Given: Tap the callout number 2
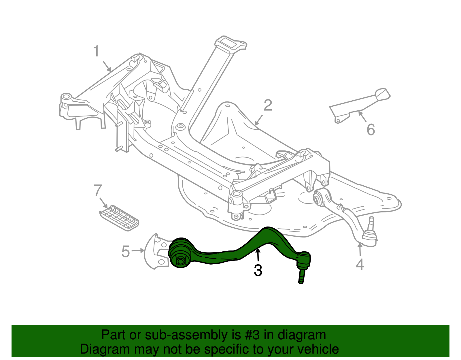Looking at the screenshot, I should (268, 105).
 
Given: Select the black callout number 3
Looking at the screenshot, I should (258, 271).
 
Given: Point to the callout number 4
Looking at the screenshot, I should (360, 264).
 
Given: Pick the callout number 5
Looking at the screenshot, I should (126, 251).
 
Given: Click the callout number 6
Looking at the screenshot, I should (371, 129).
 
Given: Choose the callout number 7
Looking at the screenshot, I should (98, 191).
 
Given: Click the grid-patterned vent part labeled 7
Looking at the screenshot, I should (120, 218).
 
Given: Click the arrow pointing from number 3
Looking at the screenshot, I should (258, 255).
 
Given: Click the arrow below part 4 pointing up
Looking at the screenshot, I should (360, 250).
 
